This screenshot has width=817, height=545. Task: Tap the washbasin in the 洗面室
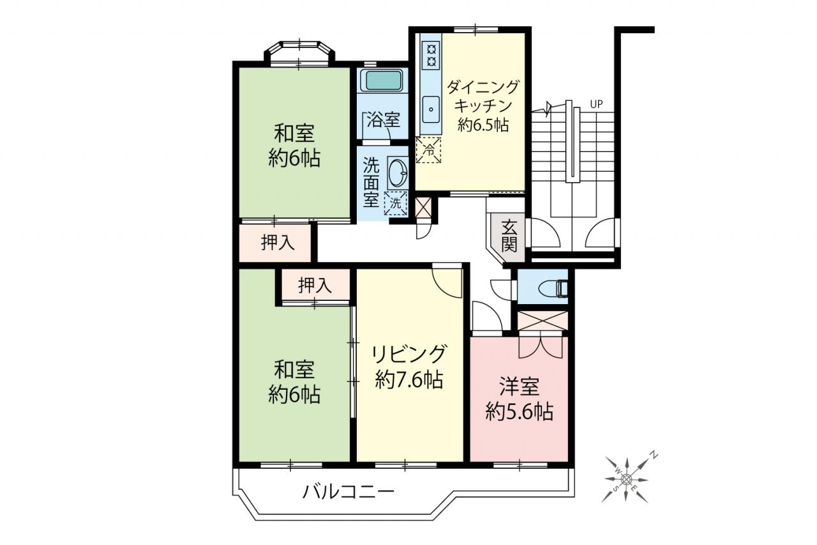(x=397, y=173)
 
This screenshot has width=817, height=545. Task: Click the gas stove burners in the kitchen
(x=431, y=55)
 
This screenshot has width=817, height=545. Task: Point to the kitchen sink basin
(x=431, y=109)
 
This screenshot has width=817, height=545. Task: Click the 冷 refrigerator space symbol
(x=428, y=150)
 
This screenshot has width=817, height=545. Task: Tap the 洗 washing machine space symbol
(x=396, y=203)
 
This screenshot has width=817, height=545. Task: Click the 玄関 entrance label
(x=509, y=236)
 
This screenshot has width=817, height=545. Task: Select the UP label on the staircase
(x=596, y=104)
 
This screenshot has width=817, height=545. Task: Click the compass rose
(x=626, y=479)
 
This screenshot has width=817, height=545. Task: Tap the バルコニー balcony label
(x=349, y=492)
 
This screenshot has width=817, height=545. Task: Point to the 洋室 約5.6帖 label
(x=520, y=399)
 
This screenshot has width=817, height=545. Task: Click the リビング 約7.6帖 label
(x=409, y=367)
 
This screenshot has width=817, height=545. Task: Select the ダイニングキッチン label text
(x=482, y=96)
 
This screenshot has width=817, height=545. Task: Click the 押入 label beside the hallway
(x=278, y=242)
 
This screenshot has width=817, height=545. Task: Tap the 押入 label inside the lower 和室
(x=315, y=285)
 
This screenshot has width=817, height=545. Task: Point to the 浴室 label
(x=384, y=119)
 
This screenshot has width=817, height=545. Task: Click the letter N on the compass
(x=655, y=455)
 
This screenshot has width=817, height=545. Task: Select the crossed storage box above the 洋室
(x=543, y=321)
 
